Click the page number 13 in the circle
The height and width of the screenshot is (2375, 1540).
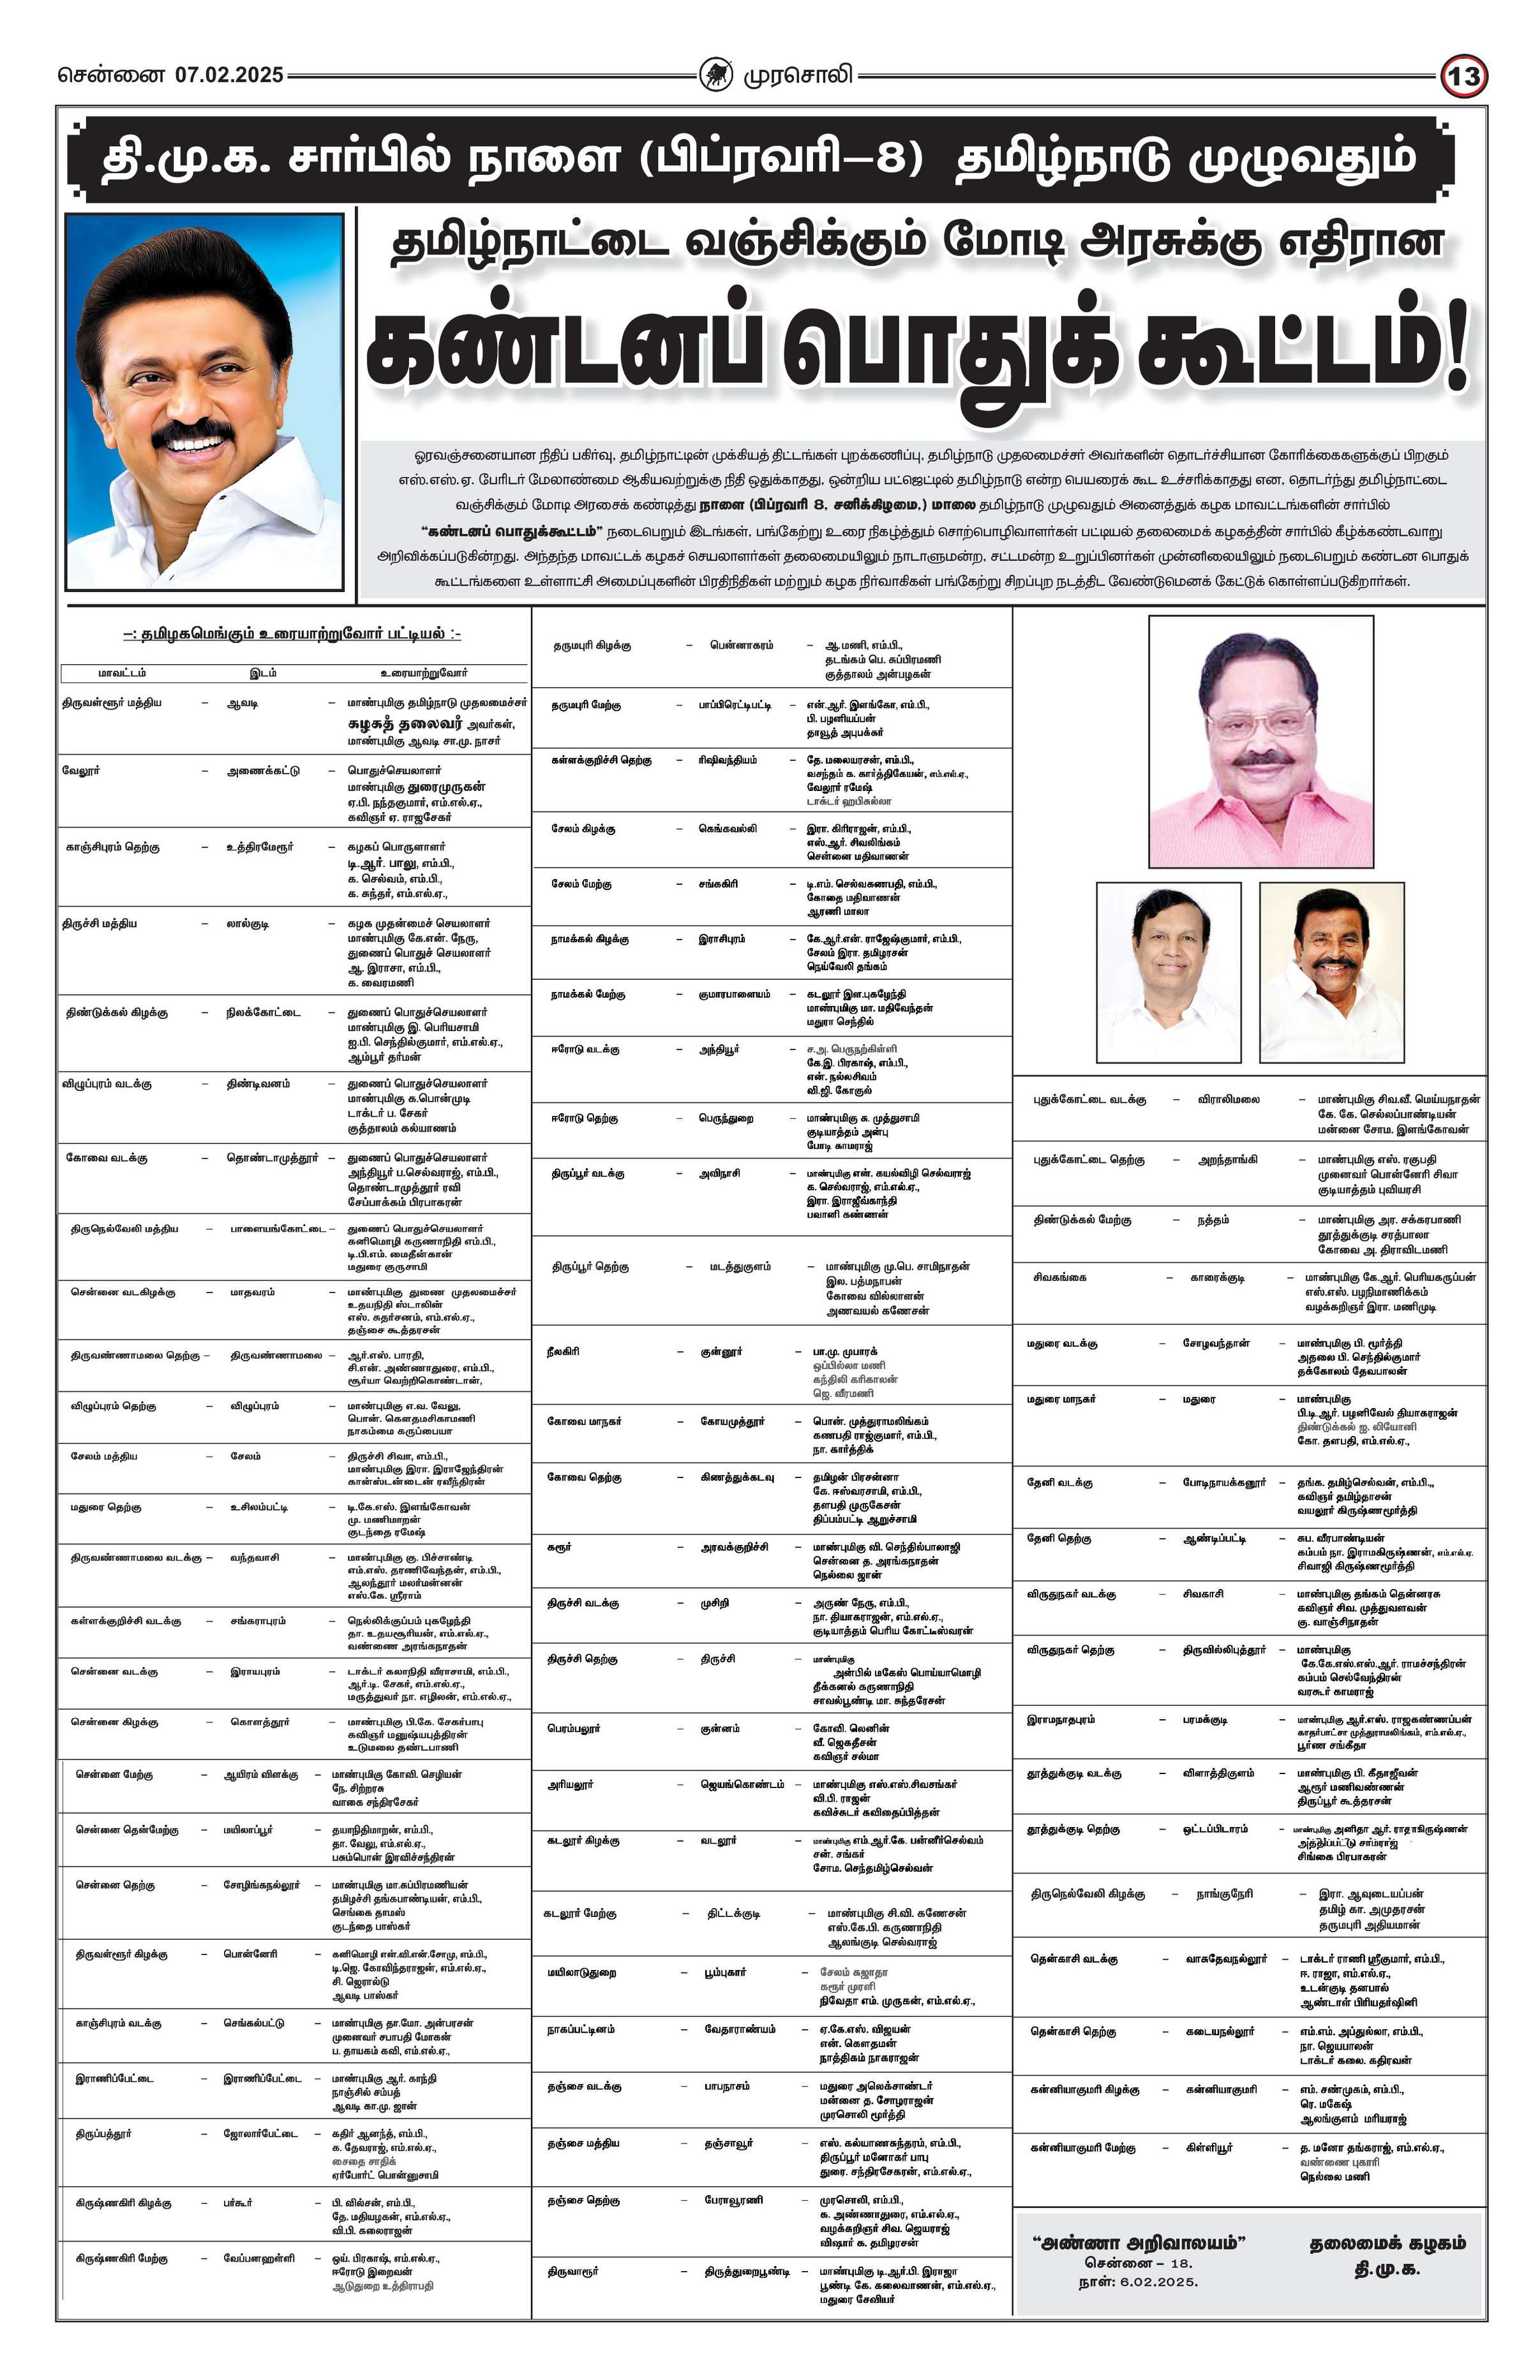pyautogui.click(x=1464, y=77)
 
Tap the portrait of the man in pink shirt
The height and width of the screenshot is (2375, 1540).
pyautogui.click(x=1260, y=743)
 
